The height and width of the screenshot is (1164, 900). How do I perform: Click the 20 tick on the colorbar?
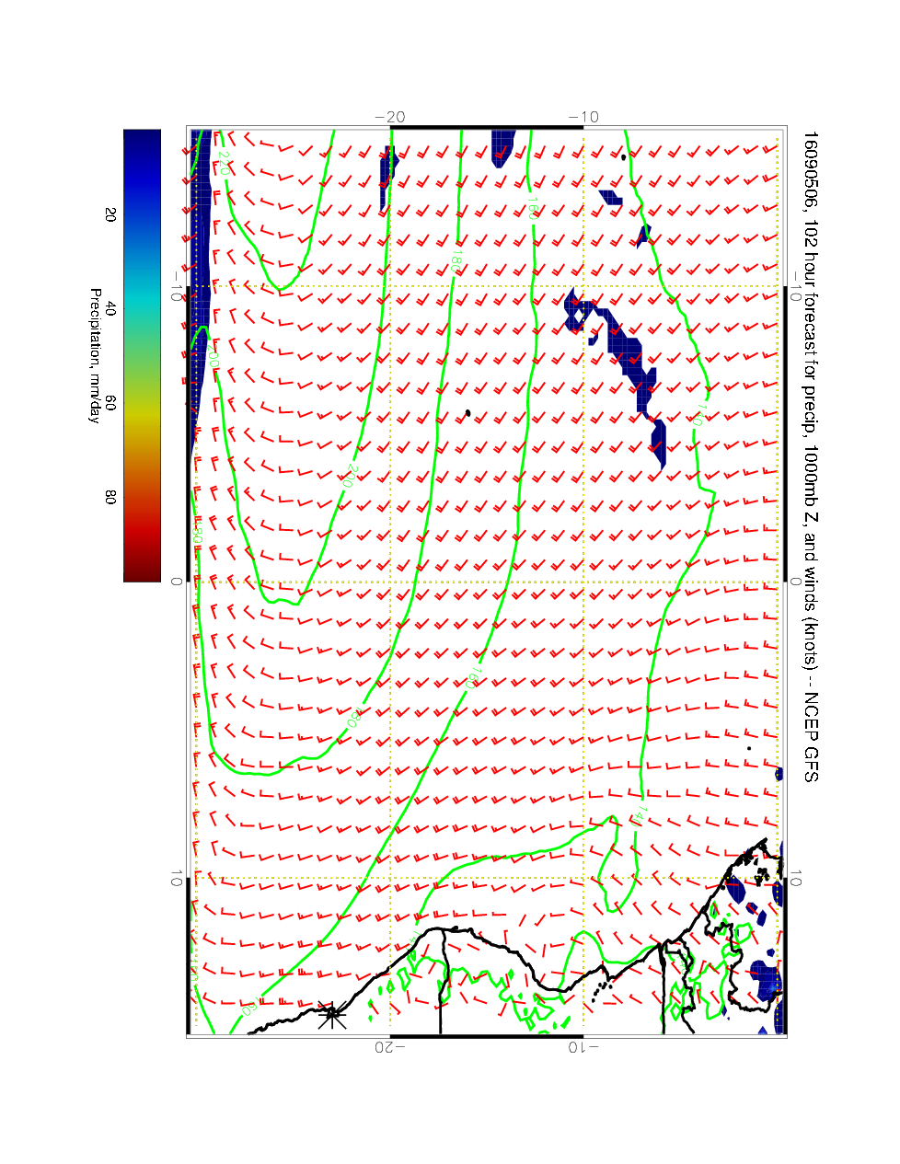tap(110, 213)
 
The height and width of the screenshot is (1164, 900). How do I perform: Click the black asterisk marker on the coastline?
tap(331, 1015)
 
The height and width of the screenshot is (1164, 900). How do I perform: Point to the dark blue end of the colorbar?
tap(142, 138)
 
